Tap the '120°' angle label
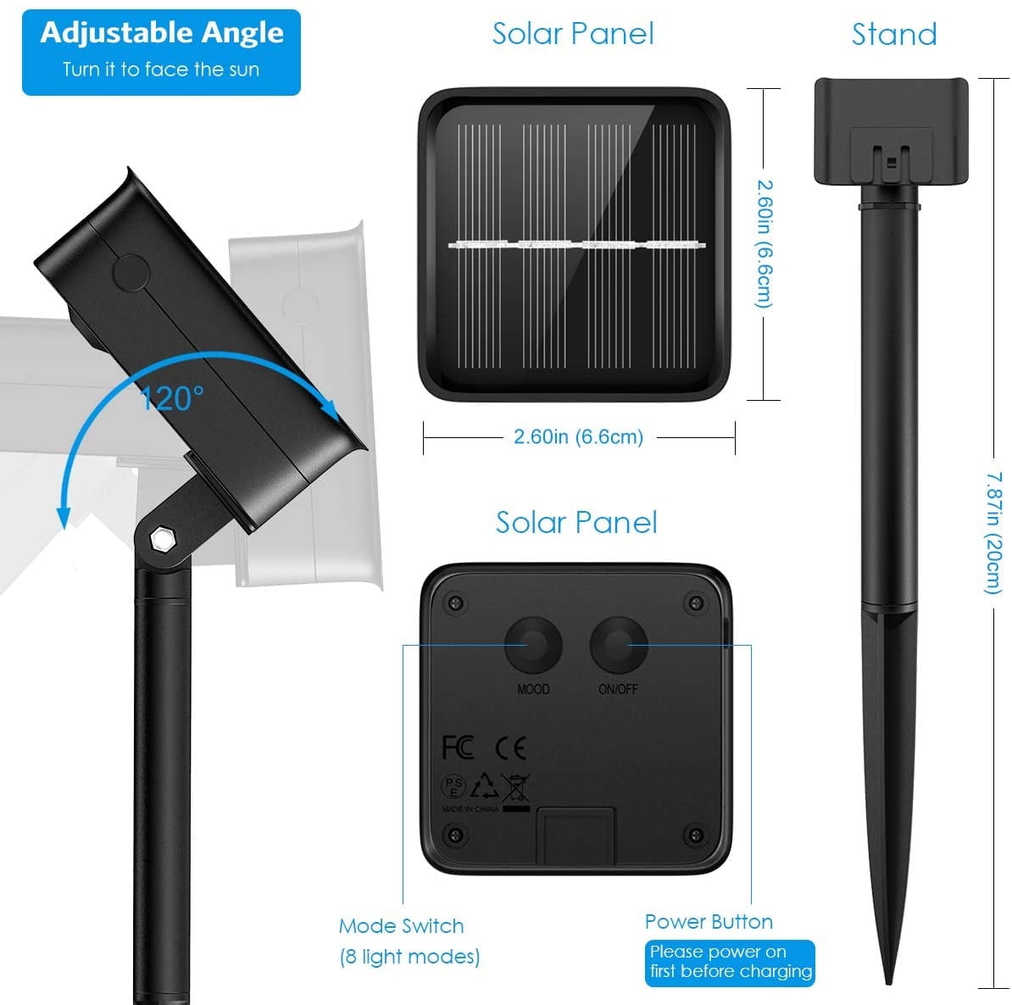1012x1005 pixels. (x=172, y=399)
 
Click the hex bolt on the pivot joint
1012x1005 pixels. (x=159, y=539)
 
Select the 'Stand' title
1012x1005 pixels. (x=894, y=34)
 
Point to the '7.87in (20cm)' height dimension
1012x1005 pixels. (x=994, y=532)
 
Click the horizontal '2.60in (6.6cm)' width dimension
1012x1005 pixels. (x=578, y=437)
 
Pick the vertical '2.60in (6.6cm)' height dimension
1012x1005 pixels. (x=765, y=244)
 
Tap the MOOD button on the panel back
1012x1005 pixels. (x=533, y=645)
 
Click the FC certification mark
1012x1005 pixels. (x=458, y=747)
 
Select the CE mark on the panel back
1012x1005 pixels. (x=510, y=747)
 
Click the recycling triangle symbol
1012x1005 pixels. (x=484, y=786)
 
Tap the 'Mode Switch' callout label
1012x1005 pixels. (x=402, y=926)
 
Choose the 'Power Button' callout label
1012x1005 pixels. (x=709, y=922)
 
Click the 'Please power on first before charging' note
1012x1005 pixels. (x=730, y=963)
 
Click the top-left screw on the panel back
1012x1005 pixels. (x=455, y=603)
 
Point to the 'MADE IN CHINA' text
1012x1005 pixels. (x=470, y=809)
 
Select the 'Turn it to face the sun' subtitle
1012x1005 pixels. (x=161, y=69)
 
